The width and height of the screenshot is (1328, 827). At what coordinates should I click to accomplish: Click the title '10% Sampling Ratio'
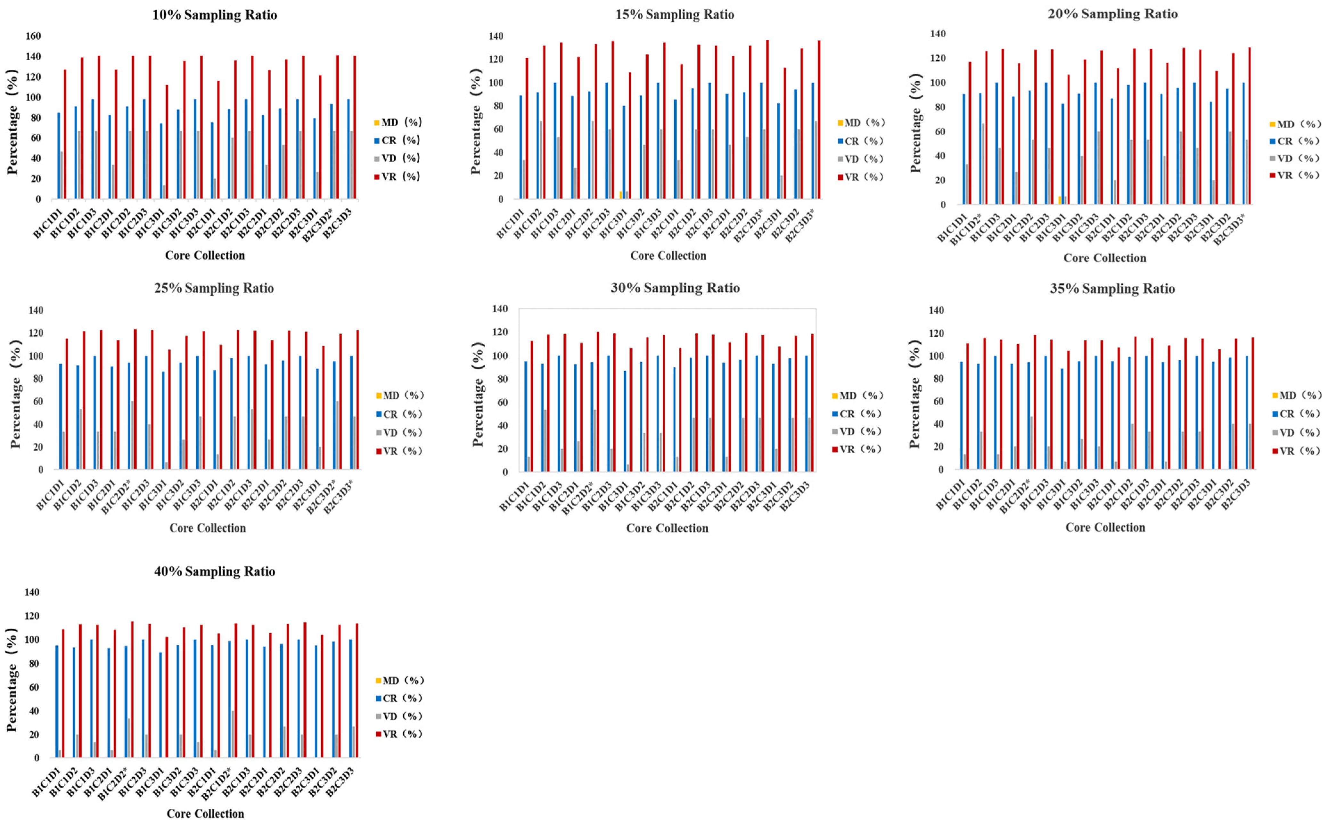[x=214, y=15]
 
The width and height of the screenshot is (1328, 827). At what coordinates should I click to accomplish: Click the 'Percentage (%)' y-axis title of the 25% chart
[x=15, y=394]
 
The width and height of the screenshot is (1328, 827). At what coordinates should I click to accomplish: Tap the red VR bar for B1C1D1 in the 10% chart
[x=65, y=134]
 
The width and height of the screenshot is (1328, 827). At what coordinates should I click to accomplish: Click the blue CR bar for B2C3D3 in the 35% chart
[x=1247, y=413]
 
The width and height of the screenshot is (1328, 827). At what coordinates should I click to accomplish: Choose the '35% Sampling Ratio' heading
[x=1112, y=289]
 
